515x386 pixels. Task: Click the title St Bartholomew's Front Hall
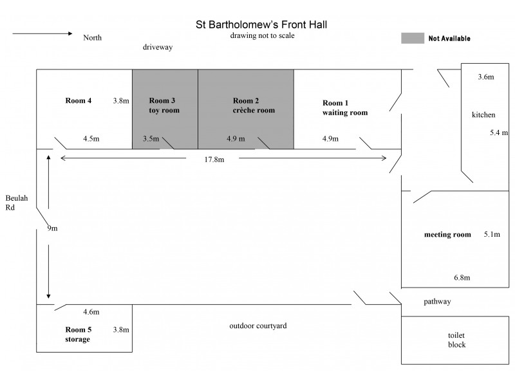261,24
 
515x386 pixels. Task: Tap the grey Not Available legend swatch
413,38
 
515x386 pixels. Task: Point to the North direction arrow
42,33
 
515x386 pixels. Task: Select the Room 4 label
78,100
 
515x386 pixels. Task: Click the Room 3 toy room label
164,106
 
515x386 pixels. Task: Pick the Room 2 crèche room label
254,106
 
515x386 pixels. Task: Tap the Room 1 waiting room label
345,107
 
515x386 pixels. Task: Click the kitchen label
483,115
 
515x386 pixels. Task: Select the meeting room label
447,234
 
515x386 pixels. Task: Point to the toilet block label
456,340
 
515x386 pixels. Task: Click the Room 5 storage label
78,334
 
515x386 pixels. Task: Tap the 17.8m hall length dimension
214,160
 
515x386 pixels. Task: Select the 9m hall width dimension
52,228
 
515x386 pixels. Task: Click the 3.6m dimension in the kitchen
486,77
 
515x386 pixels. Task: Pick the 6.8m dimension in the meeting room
462,278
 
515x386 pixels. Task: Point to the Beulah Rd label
17,203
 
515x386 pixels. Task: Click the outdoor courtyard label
258,326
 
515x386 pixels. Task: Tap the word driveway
158,47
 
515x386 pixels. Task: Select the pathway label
437,302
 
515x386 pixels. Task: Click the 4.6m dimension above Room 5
91,312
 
